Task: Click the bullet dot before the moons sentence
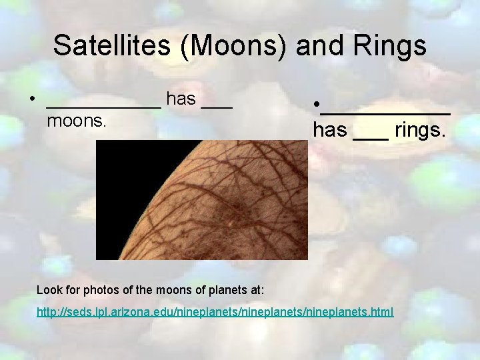[32, 101]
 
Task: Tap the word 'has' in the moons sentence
[181, 99]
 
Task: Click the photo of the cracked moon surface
[202, 200]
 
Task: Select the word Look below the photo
[49, 290]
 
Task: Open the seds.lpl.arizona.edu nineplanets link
[215, 312]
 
